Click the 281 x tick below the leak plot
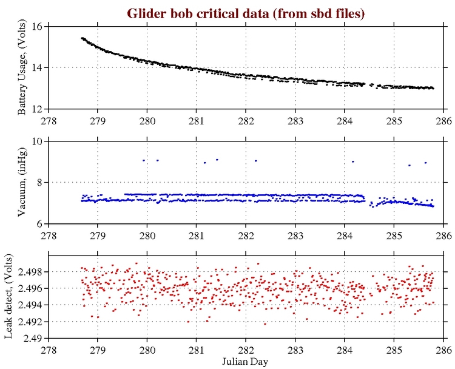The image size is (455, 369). (x=196, y=348)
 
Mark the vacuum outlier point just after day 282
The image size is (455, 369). (x=256, y=161)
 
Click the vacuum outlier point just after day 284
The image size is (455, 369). (x=353, y=161)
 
